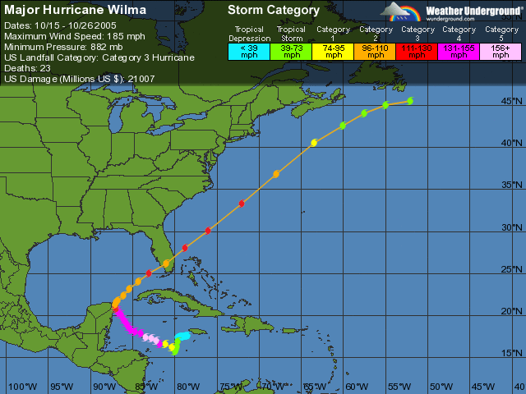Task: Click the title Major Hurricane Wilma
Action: (x=76, y=11)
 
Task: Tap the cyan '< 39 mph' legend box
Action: (x=248, y=51)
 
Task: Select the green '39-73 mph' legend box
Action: (x=290, y=51)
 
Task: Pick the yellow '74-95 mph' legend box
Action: (x=333, y=51)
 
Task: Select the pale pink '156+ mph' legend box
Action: (x=501, y=51)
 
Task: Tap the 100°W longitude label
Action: (x=21, y=386)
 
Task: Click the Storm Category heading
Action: (x=274, y=11)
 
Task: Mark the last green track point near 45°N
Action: (x=410, y=101)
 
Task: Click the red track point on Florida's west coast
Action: (x=149, y=273)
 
